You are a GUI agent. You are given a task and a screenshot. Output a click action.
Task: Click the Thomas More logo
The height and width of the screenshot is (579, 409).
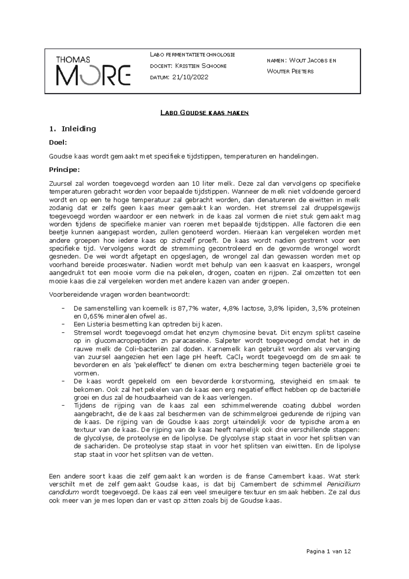(93, 71)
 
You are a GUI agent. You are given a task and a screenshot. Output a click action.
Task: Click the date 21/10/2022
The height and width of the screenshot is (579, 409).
(190, 77)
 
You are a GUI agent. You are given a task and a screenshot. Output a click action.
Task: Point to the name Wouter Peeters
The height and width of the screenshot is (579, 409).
(290, 72)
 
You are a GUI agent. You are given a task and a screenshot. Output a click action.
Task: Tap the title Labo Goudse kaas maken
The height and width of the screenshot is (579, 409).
(204, 113)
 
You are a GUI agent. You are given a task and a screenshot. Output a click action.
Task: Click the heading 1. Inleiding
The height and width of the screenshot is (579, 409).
(73, 129)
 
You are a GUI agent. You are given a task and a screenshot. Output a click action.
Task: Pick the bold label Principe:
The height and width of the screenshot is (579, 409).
(64, 169)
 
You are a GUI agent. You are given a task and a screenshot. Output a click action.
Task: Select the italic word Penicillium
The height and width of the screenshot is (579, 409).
(343, 484)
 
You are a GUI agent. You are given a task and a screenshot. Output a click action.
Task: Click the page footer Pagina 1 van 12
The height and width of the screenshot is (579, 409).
(329, 551)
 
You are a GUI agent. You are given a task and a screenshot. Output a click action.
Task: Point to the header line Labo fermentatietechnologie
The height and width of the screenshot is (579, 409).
(192, 55)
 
